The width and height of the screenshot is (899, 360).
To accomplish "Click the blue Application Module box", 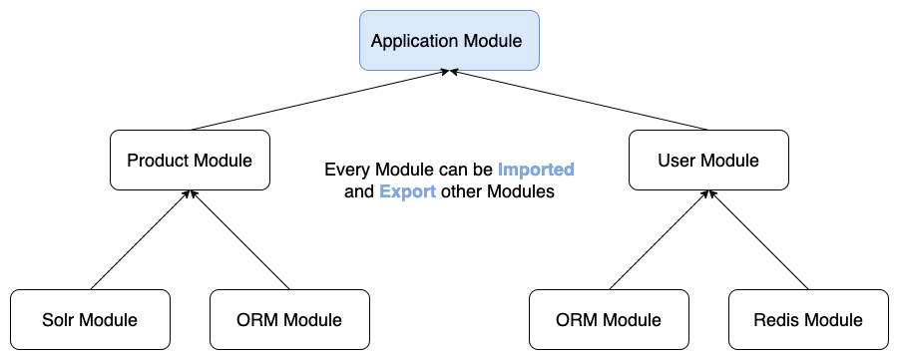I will (449, 41).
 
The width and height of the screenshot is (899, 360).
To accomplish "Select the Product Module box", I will (190, 160).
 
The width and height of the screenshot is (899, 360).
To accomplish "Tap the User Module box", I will (708, 160).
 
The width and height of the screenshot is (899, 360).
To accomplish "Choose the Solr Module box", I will (90, 320).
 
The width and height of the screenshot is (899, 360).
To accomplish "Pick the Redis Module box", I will (808, 320).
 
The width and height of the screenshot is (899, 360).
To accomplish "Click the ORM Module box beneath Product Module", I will (289, 320).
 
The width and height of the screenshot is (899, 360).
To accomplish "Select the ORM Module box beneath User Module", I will (609, 320).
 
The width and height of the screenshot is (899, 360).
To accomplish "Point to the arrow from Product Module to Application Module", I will (319, 101).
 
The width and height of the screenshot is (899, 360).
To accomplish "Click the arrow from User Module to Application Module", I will (579, 101).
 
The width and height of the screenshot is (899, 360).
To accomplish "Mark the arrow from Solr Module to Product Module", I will (140, 240).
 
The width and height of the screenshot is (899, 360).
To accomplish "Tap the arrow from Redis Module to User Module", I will (758, 240).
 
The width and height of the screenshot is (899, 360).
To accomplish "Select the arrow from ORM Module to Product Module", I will (239, 240).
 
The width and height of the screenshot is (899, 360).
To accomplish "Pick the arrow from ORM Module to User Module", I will (659, 240).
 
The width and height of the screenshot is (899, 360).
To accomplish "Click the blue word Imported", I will (536, 171).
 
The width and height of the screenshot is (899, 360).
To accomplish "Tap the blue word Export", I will (407, 192).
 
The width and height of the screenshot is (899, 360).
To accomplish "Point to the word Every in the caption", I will (345, 171).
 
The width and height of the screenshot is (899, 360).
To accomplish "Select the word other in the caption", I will (460, 192).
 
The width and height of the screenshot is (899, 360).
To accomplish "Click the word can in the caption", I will (456, 171).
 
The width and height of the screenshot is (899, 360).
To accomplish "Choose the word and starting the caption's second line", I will (359, 192).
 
